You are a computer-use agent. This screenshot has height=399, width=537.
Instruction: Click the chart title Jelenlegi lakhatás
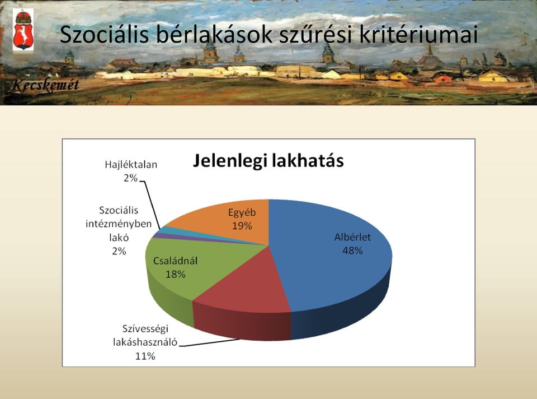click(x=268, y=161)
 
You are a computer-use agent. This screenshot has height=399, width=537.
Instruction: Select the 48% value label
click(x=352, y=251)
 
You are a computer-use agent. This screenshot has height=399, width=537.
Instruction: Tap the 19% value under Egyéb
click(x=242, y=226)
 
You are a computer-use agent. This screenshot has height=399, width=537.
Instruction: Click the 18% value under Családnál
click(x=175, y=274)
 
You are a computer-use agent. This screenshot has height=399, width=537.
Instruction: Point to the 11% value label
click(x=145, y=356)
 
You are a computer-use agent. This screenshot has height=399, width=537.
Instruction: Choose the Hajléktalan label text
click(x=131, y=165)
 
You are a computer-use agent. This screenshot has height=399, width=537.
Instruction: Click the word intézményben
click(x=119, y=224)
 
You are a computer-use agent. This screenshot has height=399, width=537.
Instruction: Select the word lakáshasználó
click(x=145, y=342)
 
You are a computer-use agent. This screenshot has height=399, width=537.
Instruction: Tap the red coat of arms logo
click(x=23, y=30)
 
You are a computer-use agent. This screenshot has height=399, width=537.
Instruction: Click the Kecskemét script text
click(x=45, y=85)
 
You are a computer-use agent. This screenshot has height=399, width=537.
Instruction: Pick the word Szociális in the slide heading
click(x=104, y=34)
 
